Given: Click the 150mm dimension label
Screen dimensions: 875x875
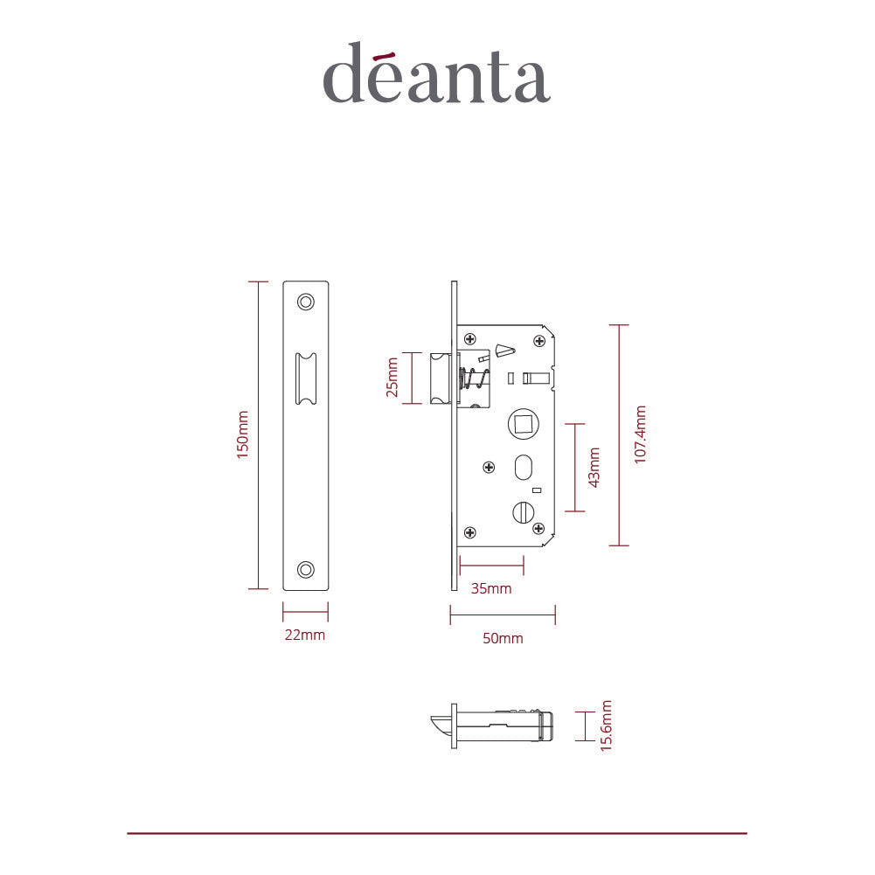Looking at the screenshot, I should pos(244,434).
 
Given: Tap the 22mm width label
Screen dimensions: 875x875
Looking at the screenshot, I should pos(304,635).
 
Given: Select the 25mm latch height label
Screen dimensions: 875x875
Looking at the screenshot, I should pos(392,378).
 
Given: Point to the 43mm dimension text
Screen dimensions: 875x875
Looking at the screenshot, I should pos(595,467).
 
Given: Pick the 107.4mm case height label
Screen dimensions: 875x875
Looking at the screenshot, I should pos(641,434).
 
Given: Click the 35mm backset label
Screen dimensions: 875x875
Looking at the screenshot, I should pos(491,588).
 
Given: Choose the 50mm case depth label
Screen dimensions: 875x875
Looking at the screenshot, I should pos(503,639).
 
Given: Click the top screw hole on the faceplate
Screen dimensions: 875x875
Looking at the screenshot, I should pos(305,302).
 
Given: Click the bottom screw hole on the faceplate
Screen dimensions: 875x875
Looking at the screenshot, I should pos(305,569).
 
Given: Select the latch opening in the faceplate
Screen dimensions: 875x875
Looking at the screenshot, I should pos(306,378).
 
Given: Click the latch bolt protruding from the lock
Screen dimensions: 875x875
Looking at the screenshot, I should pos(441,378).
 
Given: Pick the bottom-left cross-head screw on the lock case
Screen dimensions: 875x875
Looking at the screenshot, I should pos(470,531).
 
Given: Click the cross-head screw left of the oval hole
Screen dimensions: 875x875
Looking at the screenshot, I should pos(490,467).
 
